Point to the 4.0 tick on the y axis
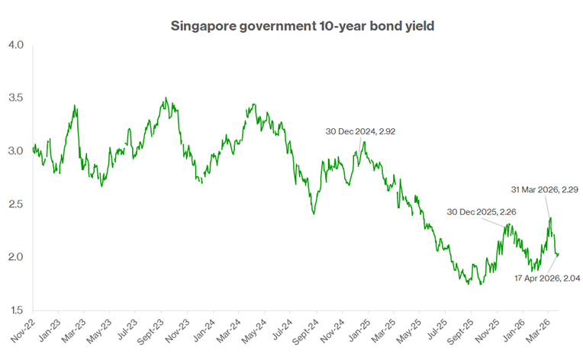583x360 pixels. click(x=16, y=45)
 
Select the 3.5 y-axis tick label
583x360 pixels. click(x=16, y=98)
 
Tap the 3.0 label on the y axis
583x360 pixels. click(x=16, y=151)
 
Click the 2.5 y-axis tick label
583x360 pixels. click(x=16, y=204)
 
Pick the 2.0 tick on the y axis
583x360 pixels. click(x=16, y=257)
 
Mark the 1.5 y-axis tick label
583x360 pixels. click(x=16, y=310)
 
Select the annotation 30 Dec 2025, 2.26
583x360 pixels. click(x=481, y=211)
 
